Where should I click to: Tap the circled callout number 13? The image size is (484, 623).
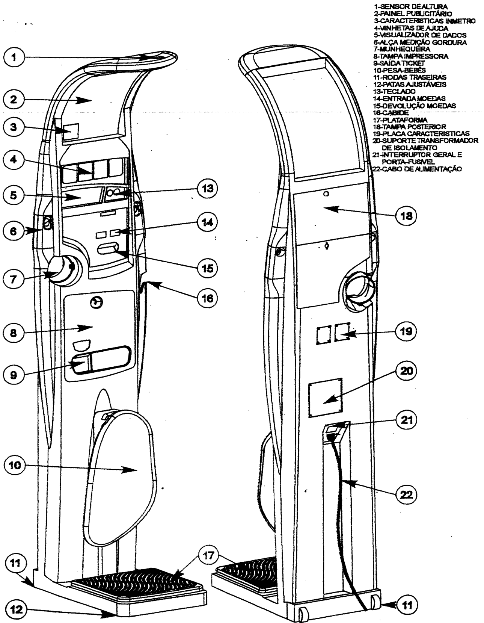pos(207,188)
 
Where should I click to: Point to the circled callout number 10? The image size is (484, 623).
pos(14,465)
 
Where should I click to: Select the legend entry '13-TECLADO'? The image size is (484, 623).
pos(394,91)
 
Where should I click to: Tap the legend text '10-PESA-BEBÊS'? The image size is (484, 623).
pos(400,70)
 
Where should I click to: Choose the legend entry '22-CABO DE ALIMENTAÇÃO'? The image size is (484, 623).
pos(417,169)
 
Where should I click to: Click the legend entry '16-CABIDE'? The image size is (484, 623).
pos(391,113)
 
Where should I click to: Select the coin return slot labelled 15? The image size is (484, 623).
pos(108,248)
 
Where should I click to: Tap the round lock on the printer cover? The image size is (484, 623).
pos(96,302)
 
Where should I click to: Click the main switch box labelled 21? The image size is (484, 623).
pos(337,432)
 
